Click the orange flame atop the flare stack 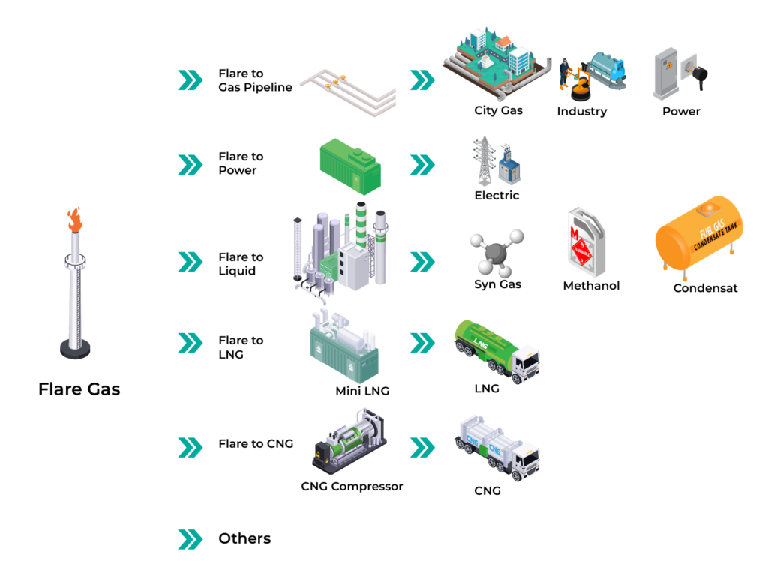point(74,220)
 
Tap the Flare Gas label point(79,388)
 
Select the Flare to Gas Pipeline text point(255,80)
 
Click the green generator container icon point(349,166)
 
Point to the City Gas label point(498,110)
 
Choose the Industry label point(581,111)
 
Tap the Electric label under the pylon point(496,196)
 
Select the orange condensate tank point(703,235)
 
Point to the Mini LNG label point(362,391)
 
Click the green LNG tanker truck point(496,349)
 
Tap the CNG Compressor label point(352,487)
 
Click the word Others point(244,538)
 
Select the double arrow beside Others point(190,538)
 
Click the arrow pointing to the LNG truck point(422,342)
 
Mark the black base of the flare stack point(75,348)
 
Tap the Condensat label point(705,288)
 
